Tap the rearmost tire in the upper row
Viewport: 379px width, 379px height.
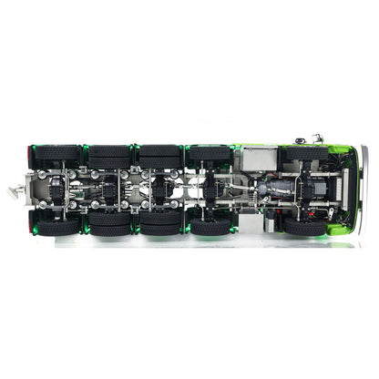click(56, 154)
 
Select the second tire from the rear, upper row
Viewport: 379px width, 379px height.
click(110, 154)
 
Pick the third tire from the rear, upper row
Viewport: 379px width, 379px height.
click(159, 154)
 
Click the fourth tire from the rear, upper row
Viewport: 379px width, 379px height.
click(210, 154)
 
